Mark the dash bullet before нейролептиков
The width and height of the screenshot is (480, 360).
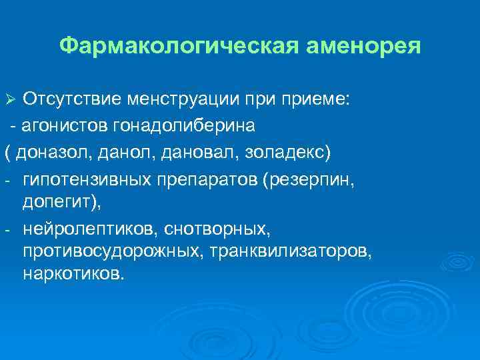point(6,231)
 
